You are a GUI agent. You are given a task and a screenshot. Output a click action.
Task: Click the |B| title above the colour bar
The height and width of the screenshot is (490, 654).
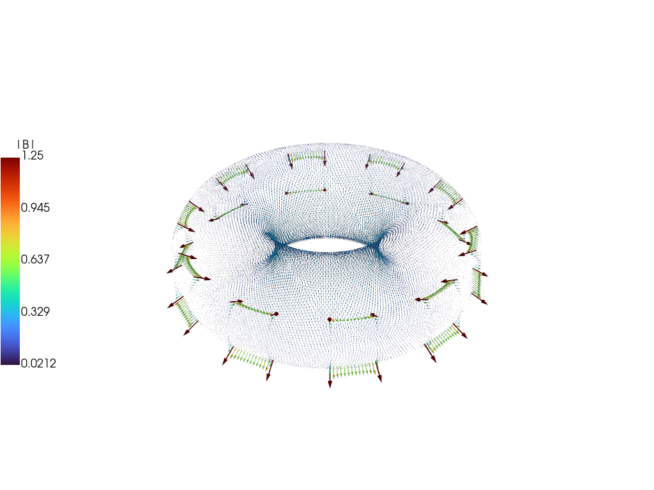26,144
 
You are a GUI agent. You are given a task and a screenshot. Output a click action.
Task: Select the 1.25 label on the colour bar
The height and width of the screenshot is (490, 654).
33,156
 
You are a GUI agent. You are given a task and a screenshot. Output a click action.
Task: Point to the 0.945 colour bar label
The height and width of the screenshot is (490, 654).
35,207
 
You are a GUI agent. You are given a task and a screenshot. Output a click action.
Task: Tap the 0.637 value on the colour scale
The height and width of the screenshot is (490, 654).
35,259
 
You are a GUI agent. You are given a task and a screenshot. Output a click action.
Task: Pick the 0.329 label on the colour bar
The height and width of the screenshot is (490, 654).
35,311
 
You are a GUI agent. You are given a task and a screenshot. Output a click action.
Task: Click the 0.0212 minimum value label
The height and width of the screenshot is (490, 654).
38,363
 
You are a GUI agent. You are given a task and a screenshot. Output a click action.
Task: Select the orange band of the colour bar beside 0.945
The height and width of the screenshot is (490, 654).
10,207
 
